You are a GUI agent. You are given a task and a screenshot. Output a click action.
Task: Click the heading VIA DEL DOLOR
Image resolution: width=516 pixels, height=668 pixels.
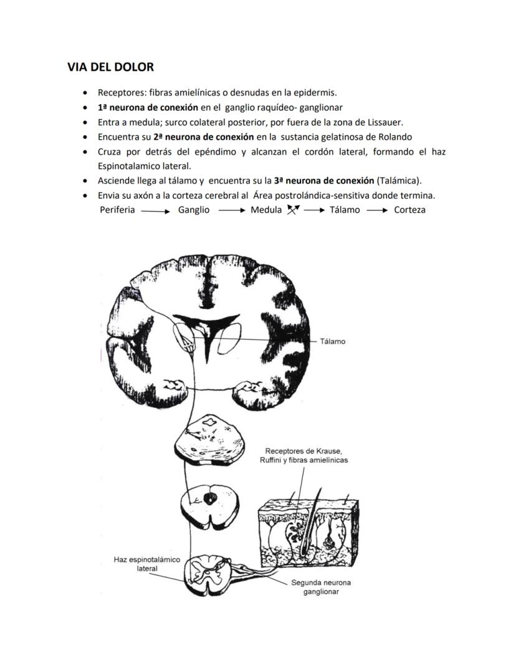110,67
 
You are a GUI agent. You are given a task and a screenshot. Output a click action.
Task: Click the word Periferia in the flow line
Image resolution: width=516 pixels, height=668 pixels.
117,210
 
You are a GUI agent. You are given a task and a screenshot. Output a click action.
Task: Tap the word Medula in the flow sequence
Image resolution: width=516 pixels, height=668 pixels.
266,210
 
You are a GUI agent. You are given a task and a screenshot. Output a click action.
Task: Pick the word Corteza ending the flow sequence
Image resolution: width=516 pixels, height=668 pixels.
409,210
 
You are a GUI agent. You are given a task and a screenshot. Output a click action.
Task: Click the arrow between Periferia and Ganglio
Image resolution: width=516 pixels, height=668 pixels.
155,211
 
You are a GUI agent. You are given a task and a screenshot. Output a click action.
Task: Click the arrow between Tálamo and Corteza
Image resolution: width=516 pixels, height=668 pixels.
377,211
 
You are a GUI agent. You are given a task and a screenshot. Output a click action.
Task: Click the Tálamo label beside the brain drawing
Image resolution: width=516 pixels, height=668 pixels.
332,342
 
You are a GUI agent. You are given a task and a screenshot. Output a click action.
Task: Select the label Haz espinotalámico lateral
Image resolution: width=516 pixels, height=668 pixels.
147,564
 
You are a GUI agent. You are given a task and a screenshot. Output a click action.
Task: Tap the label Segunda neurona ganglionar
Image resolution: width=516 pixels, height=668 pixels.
321,587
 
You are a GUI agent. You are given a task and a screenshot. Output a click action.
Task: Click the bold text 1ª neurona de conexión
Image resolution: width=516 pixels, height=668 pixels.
148,107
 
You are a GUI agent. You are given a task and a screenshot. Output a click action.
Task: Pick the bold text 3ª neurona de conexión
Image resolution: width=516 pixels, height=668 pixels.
323,181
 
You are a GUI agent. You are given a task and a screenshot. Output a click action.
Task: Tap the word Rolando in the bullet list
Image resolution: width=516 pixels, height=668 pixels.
394,137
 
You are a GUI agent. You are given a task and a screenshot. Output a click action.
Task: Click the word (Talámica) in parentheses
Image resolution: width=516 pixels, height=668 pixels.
399,181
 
